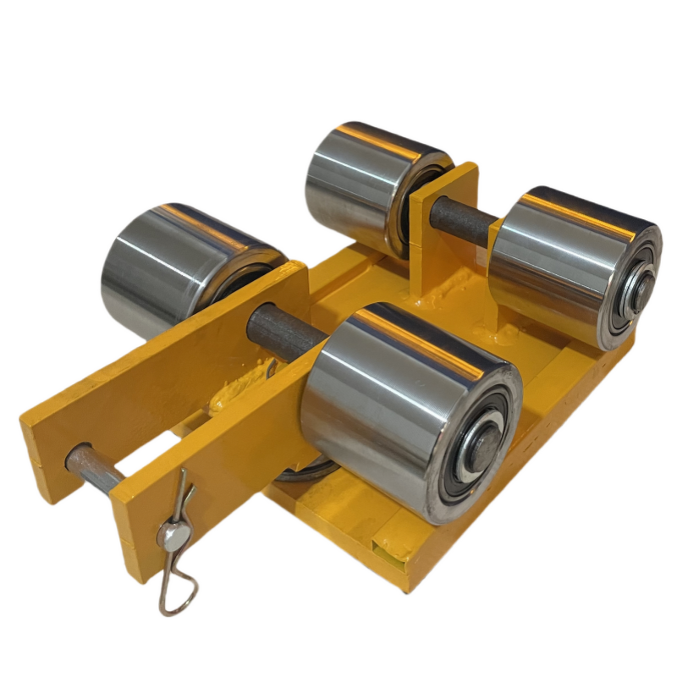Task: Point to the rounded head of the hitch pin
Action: point(169,533)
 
